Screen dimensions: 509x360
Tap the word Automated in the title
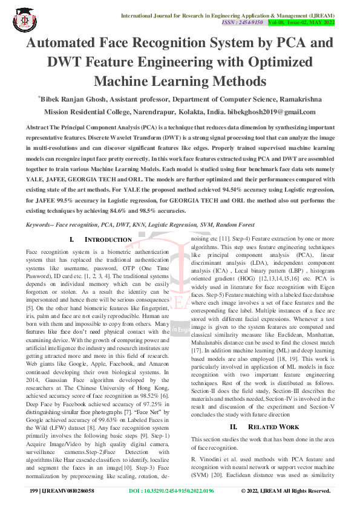[x=72, y=44]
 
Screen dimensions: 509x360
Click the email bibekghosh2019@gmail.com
[x=266, y=112]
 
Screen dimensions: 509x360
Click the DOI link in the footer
[x=172, y=490]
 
